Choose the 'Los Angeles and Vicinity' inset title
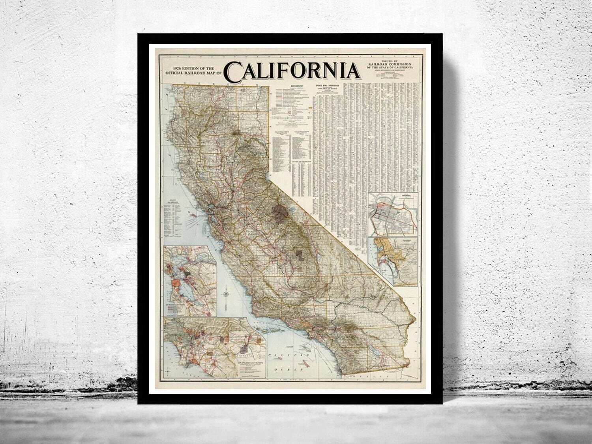[x=245, y=361]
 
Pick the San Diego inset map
[x=393, y=260]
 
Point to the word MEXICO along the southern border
[x=377, y=377]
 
